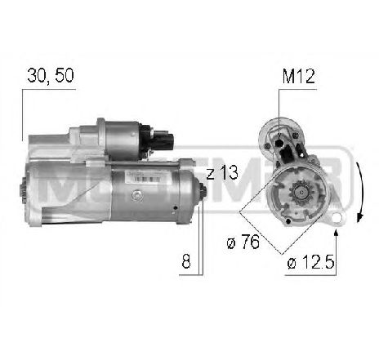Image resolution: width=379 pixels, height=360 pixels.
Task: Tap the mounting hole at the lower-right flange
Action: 335,218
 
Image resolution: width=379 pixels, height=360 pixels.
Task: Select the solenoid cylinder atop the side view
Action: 118,135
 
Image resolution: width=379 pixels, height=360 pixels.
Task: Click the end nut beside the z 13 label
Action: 202,192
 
